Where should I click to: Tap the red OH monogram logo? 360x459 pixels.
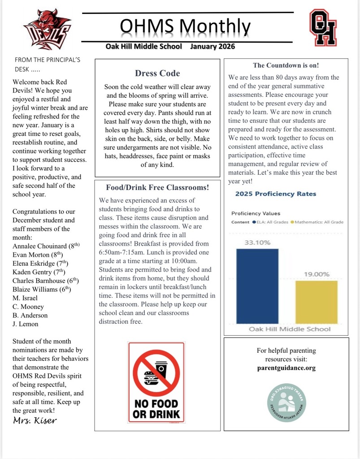pyautogui.click(x=323, y=28)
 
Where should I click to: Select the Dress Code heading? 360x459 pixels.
pyautogui.click(x=157, y=73)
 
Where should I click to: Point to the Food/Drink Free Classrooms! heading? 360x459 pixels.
pyautogui.click(x=157, y=187)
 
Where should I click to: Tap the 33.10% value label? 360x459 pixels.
pyautogui.click(x=257, y=242)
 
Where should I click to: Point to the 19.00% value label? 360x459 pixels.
pyautogui.click(x=317, y=274)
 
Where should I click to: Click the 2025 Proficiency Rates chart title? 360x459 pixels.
pyautogui.click(x=275, y=194)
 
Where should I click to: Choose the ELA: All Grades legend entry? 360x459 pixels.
pyautogui.click(x=270, y=222)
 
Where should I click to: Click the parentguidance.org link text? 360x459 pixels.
pyautogui.click(x=286, y=368)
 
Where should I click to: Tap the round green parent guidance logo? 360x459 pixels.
pyautogui.click(x=286, y=400)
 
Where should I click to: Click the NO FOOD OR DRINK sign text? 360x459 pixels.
pyautogui.click(x=156, y=408)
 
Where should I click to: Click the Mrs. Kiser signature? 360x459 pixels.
pyautogui.click(x=35, y=420)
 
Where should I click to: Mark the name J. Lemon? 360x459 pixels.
pyautogui.click(x=26, y=324)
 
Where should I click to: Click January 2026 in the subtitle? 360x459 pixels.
pyautogui.click(x=212, y=46)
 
